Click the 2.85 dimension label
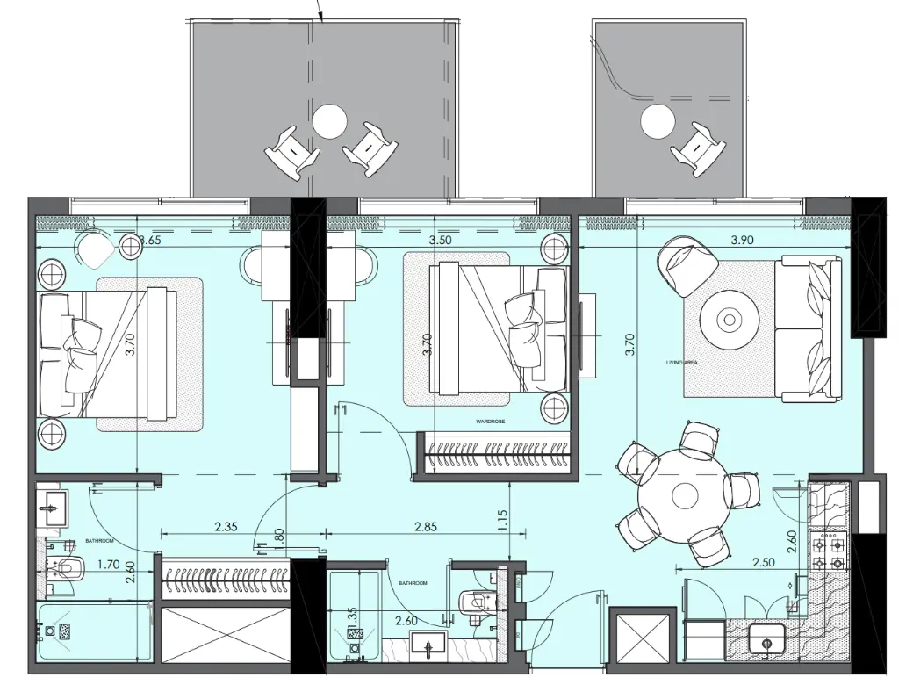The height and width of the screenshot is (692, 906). tap(425, 527)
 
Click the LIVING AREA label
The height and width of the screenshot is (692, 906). tap(680, 362)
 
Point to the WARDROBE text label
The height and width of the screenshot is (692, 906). tap(490, 422)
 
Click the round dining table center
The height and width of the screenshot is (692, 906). tap(684, 495)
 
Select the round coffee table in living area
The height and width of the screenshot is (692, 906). tap(729, 321)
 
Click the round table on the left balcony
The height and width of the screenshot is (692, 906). tap(330, 121)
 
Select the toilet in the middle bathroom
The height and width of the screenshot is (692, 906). tap(473, 602)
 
